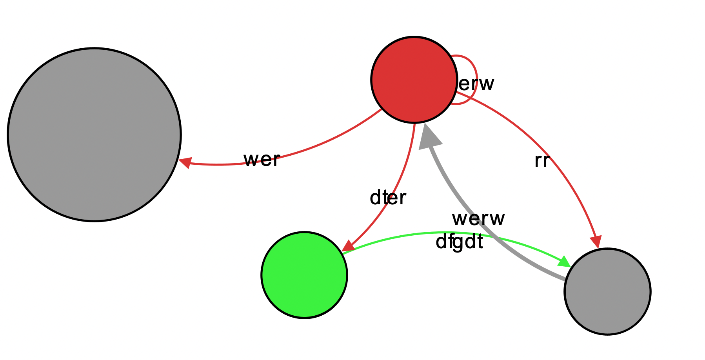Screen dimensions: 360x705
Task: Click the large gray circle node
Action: click(x=94, y=135)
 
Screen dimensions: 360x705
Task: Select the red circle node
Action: click(x=414, y=80)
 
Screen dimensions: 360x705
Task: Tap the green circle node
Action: click(x=304, y=275)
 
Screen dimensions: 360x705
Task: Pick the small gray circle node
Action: click(x=607, y=291)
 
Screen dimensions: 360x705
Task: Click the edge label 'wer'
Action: click(x=262, y=160)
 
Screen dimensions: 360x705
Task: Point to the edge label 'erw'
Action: click(x=476, y=84)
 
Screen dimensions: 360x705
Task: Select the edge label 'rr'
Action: click(x=541, y=161)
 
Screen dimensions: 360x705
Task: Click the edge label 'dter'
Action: click(x=388, y=198)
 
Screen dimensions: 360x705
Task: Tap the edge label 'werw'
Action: click(x=478, y=218)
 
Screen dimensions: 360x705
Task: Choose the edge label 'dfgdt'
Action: click(x=459, y=243)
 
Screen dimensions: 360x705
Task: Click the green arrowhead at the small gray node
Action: click(x=564, y=262)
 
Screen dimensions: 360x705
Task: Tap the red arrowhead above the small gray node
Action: click(x=596, y=240)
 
